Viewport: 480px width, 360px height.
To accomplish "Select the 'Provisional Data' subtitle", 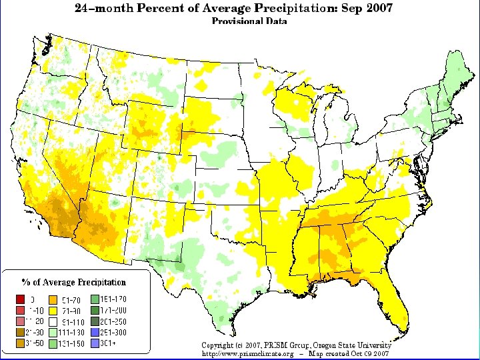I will [249, 21].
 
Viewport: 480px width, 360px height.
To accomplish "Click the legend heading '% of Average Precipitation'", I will [73, 282].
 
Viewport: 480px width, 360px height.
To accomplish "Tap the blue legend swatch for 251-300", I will [95, 332].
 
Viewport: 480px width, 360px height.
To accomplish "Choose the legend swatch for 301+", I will [95, 343].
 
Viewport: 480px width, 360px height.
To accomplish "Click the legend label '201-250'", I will [113, 321].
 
